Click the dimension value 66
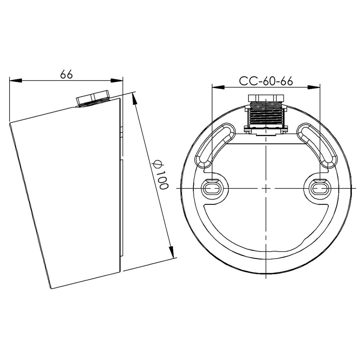coord(66,74)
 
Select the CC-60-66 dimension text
coord(266,81)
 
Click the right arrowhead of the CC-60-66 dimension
coord(314,87)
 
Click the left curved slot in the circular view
coord(214,145)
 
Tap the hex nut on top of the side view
coord(93,97)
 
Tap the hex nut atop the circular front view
coord(266,98)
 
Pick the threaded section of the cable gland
coord(266,115)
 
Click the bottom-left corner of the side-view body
coord(52,289)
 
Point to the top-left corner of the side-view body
coord(10,123)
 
